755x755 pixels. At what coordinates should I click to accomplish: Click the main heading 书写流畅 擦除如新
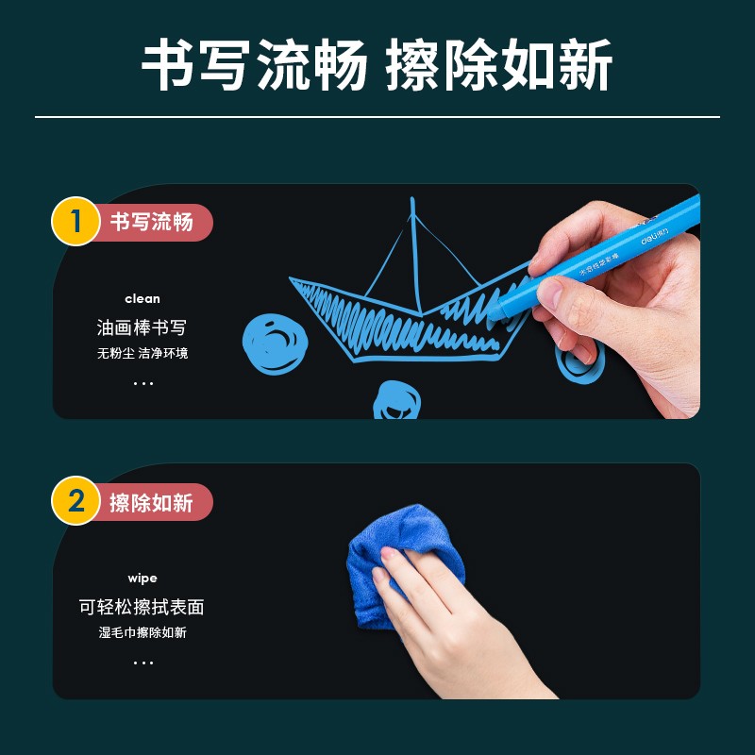[x=377, y=64]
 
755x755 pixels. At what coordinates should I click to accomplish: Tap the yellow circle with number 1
[x=75, y=221]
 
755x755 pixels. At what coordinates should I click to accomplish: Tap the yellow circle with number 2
[x=75, y=500]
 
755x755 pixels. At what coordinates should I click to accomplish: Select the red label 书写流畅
[x=152, y=222]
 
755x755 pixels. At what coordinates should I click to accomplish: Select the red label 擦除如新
[x=152, y=502]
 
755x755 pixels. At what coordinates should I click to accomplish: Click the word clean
[x=143, y=299]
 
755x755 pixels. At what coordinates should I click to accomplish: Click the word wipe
[x=143, y=579]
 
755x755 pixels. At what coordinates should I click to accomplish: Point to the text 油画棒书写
[x=142, y=327]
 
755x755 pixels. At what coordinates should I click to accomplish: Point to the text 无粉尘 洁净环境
[x=143, y=353]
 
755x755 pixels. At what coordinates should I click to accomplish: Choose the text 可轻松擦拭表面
[x=142, y=607]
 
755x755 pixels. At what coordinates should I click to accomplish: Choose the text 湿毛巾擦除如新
[x=143, y=632]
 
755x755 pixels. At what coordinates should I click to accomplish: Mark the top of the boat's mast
[x=412, y=198]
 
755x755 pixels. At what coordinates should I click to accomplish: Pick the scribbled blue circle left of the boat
[x=275, y=344]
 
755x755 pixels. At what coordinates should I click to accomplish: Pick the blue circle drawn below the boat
[x=396, y=399]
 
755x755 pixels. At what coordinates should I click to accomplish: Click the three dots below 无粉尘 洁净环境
[x=143, y=383]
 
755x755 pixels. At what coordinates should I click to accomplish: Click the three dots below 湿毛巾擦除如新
[x=143, y=663]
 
